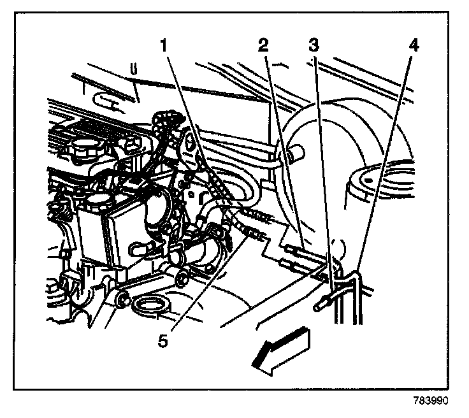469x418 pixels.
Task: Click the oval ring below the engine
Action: pos(151,306)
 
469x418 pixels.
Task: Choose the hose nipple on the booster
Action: pos(294,153)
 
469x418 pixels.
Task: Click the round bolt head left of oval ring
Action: pos(122,298)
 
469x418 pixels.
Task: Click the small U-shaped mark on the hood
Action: pos(134,68)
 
